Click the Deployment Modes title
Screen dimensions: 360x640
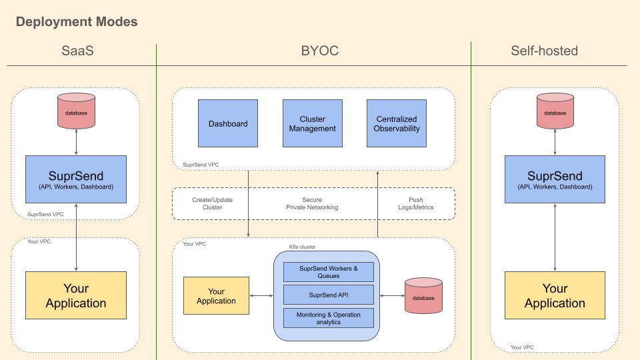(77, 21)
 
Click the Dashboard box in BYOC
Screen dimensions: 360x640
(228, 123)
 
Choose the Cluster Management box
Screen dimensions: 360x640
(312, 123)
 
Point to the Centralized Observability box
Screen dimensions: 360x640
(397, 123)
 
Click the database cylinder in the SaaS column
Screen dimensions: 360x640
(76, 113)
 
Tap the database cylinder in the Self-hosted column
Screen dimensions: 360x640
(555, 113)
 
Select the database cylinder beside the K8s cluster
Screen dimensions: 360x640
(423, 297)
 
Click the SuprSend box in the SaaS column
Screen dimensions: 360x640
(76, 179)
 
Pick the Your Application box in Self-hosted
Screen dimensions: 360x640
(555, 295)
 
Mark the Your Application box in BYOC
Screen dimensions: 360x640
(216, 295)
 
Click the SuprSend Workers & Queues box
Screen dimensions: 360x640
(328, 272)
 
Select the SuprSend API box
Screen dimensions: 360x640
(328, 295)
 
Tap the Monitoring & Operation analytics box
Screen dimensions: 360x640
(328, 318)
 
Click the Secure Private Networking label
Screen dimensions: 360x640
(312, 203)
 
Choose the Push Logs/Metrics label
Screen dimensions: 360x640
(415, 203)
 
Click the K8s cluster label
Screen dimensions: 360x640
(302, 247)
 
